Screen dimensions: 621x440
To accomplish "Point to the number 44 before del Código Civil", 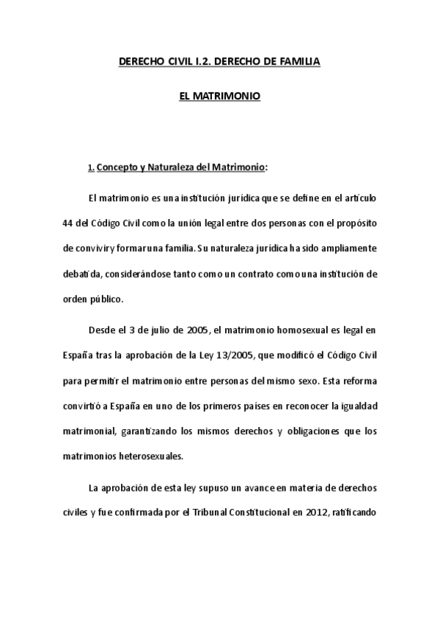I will tap(68, 223).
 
